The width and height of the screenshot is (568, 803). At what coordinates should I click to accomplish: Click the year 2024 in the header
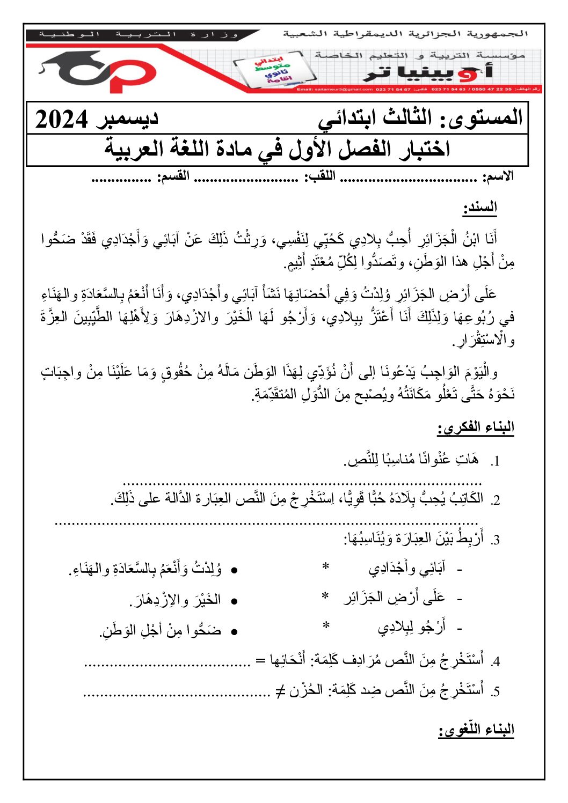[x=61, y=119]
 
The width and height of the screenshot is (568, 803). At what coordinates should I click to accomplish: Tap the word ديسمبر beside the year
[x=127, y=118]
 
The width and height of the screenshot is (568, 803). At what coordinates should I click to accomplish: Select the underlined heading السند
[x=480, y=207]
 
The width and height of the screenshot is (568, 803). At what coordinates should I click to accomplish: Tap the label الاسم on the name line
[x=498, y=176]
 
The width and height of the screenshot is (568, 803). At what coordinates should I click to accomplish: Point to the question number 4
[x=496, y=661]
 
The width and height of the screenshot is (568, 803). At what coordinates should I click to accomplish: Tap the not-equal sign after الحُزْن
[x=280, y=691]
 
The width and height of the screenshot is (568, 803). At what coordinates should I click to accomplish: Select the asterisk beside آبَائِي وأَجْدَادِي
[x=325, y=567]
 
